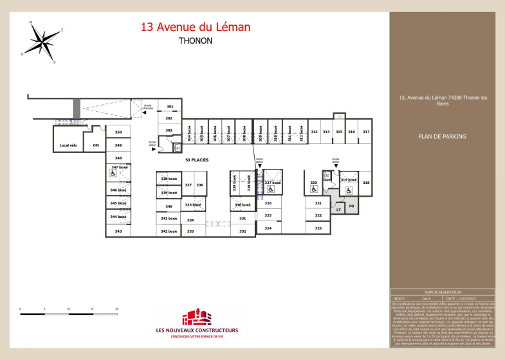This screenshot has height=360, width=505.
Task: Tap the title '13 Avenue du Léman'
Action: (196, 27)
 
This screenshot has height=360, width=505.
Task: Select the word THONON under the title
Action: (196, 40)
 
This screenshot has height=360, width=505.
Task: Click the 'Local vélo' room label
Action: (69, 145)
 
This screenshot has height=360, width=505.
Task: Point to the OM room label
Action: (96, 145)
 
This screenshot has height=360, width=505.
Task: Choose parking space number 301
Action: (169, 106)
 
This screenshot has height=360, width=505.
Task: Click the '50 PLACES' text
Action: (196, 159)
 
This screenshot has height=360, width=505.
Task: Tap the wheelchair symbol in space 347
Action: (112, 174)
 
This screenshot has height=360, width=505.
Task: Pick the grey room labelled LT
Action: (338, 209)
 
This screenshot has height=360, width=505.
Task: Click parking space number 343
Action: (118, 231)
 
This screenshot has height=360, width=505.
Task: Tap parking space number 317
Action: (365, 131)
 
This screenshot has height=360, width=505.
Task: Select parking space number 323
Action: (318, 228)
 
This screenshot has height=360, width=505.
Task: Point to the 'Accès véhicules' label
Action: (148, 107)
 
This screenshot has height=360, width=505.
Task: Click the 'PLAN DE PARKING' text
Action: (441, 136)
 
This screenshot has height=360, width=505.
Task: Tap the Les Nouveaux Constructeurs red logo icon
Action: (196, 317)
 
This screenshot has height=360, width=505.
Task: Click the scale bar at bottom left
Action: (69, 314)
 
